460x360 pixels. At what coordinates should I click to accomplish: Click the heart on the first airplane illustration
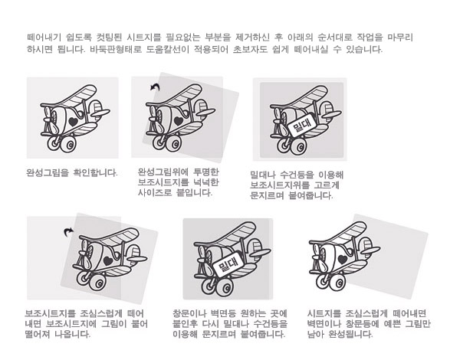pyautogui.click(x=73, y=121)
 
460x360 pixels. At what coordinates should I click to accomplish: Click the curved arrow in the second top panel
pyautogui.click(x=155, y=87)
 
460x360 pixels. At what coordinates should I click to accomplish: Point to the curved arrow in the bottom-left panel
pyautogui.click(x=68, y=232)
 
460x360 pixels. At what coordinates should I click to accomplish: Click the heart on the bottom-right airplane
pyautogui.click(x=343, y=259)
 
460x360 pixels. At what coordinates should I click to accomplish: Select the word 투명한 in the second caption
pyautogui.click(x=206, y=172)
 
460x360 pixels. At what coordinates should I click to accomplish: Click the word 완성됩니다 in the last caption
pyautogui.click(x=350, y=334)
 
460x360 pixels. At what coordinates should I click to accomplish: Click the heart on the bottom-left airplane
pyautogui.click(x=108, y=260)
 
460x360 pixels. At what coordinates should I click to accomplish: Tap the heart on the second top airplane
pyautogui.click(x=179, y=120)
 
